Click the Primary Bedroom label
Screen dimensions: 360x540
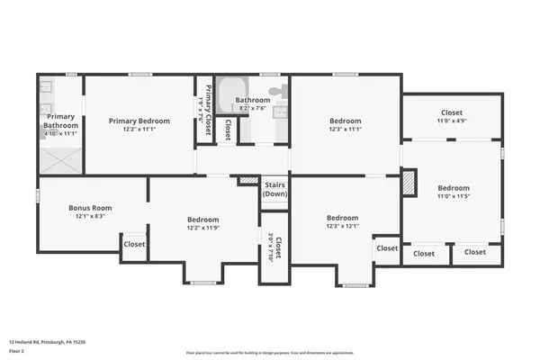[x=139, y=121]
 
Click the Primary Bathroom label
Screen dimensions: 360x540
[x=60, y=121]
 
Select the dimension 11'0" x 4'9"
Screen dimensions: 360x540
[x=451, y=121]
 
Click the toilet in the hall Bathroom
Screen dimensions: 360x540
[x=281, y=91]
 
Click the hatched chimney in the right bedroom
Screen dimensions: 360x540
[x=409, y=182]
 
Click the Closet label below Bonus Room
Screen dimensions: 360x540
[x=134, y=244]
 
